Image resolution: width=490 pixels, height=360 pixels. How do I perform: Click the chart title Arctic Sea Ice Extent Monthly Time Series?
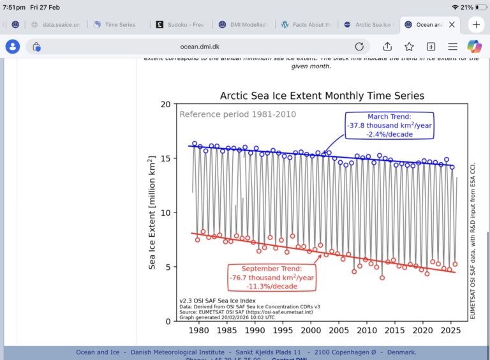(x=322, y=96)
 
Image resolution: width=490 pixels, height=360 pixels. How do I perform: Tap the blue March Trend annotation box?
(x=390, y=125)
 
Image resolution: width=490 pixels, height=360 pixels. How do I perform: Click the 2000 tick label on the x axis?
(x=311, y=330)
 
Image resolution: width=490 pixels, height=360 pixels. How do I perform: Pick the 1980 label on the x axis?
(x=199, y=330)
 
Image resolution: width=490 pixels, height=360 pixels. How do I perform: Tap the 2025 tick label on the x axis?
(x=450, y=330)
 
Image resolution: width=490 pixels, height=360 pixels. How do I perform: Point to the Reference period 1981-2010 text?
(x=237, y=114)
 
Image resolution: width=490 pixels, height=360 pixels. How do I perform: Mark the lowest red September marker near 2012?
(x=382, y=278)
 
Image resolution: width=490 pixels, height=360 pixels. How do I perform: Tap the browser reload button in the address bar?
(x=359, y=47)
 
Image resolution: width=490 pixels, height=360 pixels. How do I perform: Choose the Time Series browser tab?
(x=119, y=25)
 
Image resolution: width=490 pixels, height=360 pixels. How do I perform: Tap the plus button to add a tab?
(x=476, y=24)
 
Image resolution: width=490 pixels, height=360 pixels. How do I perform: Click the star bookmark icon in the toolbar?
(x=409, y=47)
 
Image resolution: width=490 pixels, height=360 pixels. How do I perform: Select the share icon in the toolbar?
(x=387, y=47)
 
